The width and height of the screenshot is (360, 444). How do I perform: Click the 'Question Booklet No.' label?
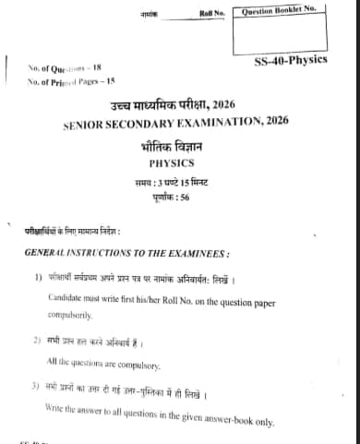(279, 11)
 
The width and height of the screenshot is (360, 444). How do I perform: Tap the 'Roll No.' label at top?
(212, 12)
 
